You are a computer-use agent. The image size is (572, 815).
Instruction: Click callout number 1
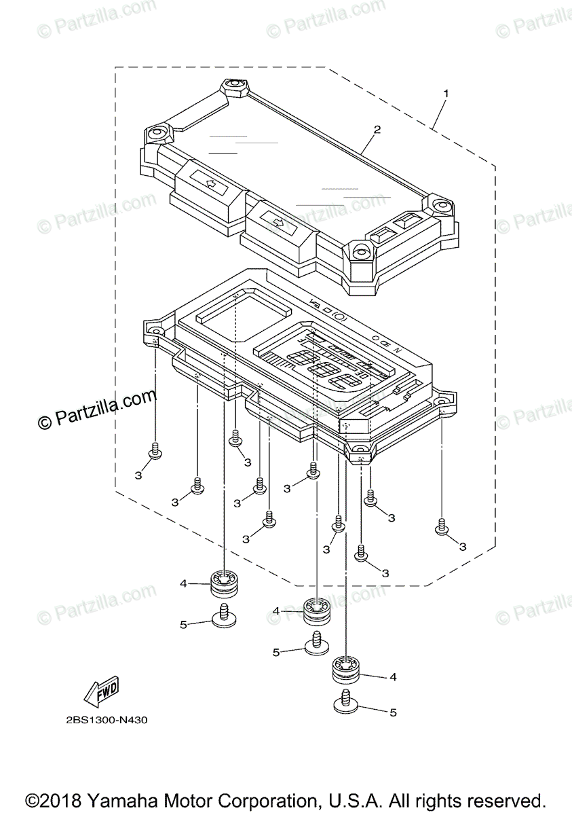tap(445, 92)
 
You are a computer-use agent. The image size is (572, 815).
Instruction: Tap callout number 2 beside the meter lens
tap(377, 129)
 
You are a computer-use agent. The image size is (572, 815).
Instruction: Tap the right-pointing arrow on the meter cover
tap(276, 221)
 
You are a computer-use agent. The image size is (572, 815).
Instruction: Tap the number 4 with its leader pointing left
tap(392, 677)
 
